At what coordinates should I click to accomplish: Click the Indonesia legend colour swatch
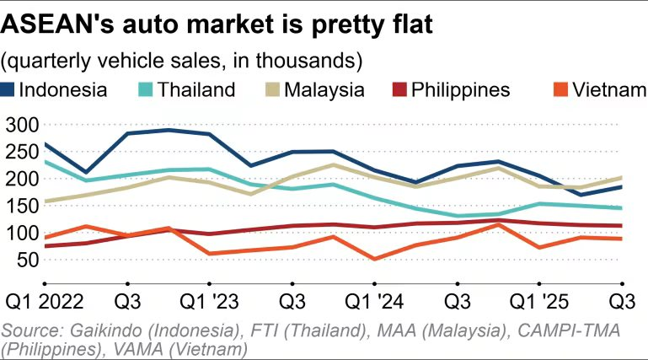pos(8,90)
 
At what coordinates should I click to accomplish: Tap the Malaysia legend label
pos(324,89)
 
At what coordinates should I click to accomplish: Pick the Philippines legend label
pos(460,89)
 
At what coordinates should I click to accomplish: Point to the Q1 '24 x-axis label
pos(372,302)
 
